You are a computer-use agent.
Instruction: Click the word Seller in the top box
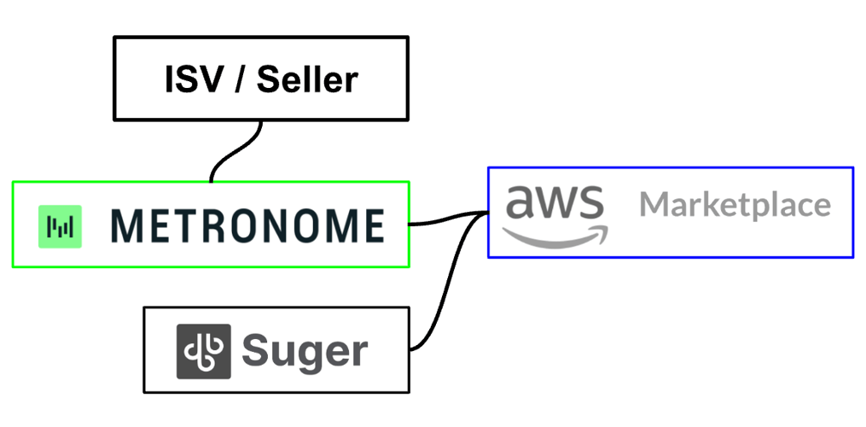click(x=307, y=79)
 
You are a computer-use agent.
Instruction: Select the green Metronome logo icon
click(x=61, y=226)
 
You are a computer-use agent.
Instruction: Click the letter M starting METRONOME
click(x=128, y=226)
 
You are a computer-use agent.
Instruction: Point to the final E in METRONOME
click(x=369, y=226)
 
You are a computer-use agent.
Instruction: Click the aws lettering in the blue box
click(x=555, y=204)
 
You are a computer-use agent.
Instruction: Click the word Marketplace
click(x=735, y=205)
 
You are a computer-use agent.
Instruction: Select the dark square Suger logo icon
click(x=203, y=351)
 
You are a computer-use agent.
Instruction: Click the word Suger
click(x=305, y=351)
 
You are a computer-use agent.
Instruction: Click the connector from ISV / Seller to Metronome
click(x=235, y=151)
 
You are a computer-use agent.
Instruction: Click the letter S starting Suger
click(x=256, y=350)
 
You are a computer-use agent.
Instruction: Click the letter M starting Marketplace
click(x=654, y=205)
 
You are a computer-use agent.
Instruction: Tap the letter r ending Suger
click(x=359, y=353)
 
